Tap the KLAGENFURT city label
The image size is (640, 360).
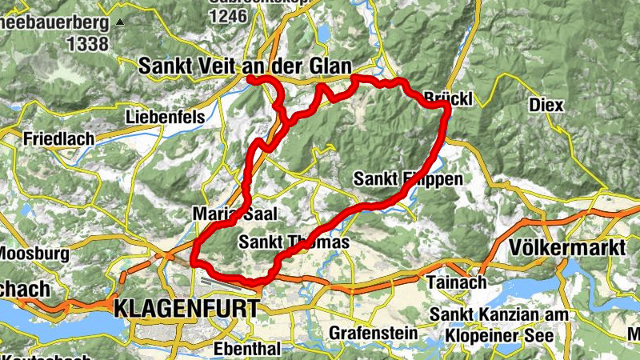click(x=187, y=308)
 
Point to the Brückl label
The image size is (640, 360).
click(x=449, y=98)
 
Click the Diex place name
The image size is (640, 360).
click(x=546, y=105)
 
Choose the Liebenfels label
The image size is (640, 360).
click(x=164, y=118)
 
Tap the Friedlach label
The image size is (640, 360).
click(x=59, y=138)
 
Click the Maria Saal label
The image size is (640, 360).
click(x=223, y=214)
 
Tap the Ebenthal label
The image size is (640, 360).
click(x=247, y=349)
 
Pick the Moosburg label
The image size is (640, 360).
click(x=27, y=254)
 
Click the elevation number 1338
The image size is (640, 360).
click(x=89, y=43)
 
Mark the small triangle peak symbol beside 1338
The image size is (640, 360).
click(x=120, y=22)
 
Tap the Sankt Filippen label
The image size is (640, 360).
click(x=408, y=178)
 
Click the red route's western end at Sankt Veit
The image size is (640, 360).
click(x=250, y=78)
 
